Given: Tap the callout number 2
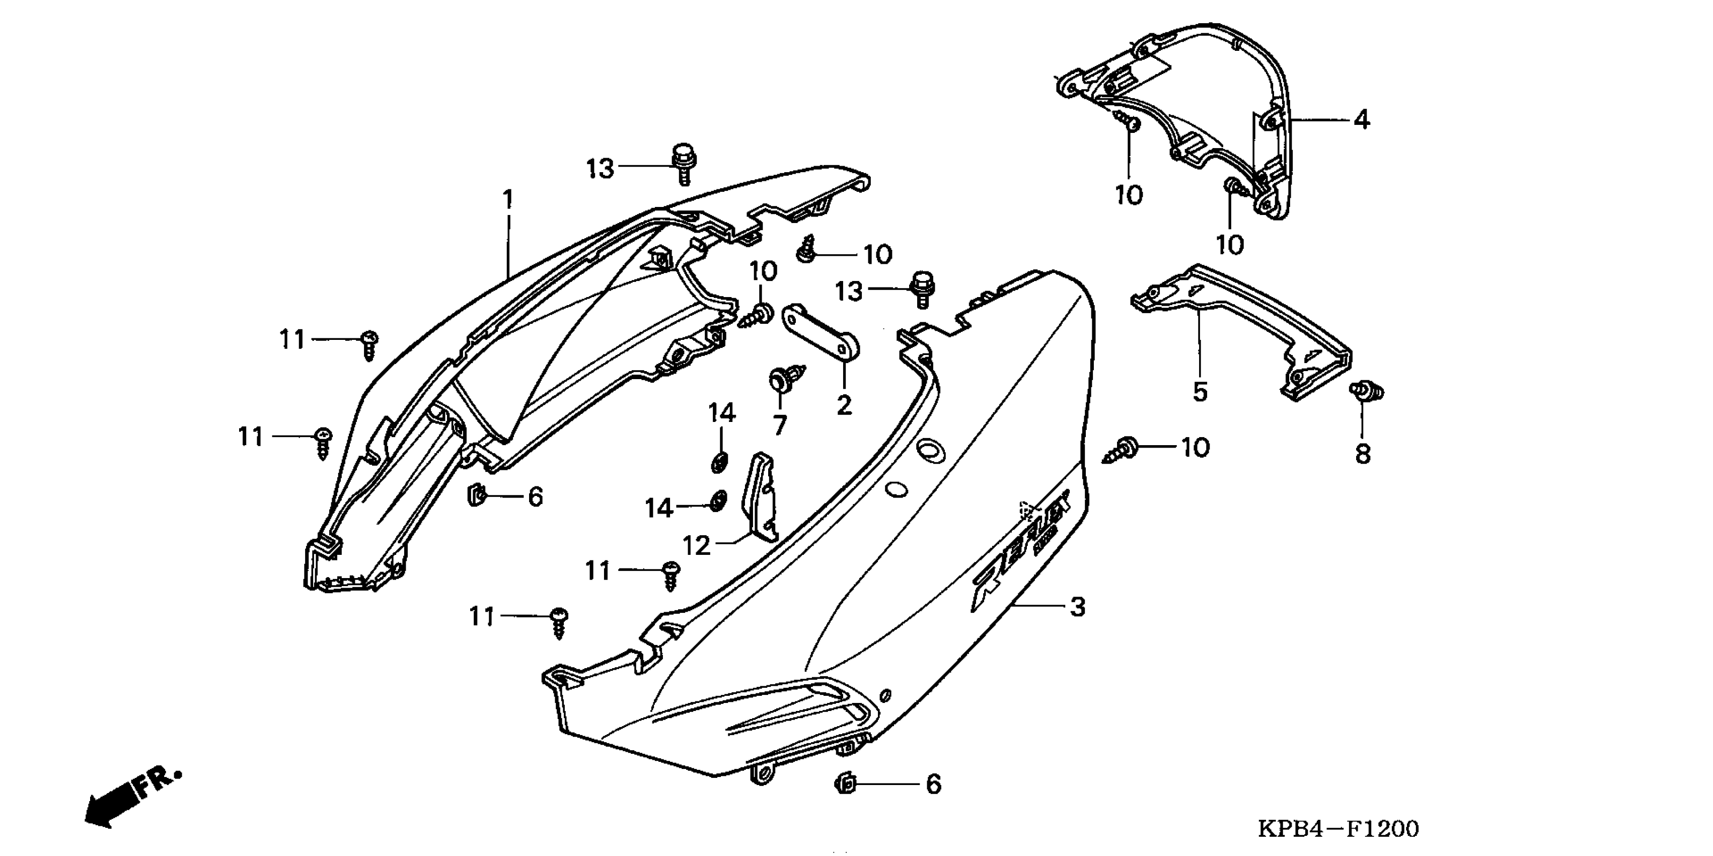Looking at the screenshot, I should [844, 404].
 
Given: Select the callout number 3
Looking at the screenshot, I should [1078, 607].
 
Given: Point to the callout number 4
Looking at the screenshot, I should [1362, 120].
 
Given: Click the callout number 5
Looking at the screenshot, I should [1200, 392].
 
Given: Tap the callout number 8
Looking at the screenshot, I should [1363, 454].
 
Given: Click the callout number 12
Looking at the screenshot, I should [697, 545].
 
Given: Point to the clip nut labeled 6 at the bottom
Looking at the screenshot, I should [845, 783].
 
